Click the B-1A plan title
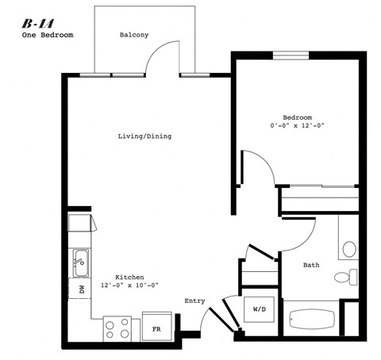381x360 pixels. pos(37,23)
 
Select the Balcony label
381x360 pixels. pos(134,35)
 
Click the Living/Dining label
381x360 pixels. pos(144,136)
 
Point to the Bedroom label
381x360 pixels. pos(297,116)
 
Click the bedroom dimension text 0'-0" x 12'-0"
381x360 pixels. pos(297,125)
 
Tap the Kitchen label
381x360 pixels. pos(129,277)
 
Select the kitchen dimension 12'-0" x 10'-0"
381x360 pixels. pos(129,285)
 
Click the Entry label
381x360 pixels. pos(195,301)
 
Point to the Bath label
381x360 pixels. pos(311,266)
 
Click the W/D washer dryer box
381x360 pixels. pos(260,308)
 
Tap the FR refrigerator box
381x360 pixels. pos(157,327)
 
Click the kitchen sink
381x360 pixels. pos(80,258)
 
